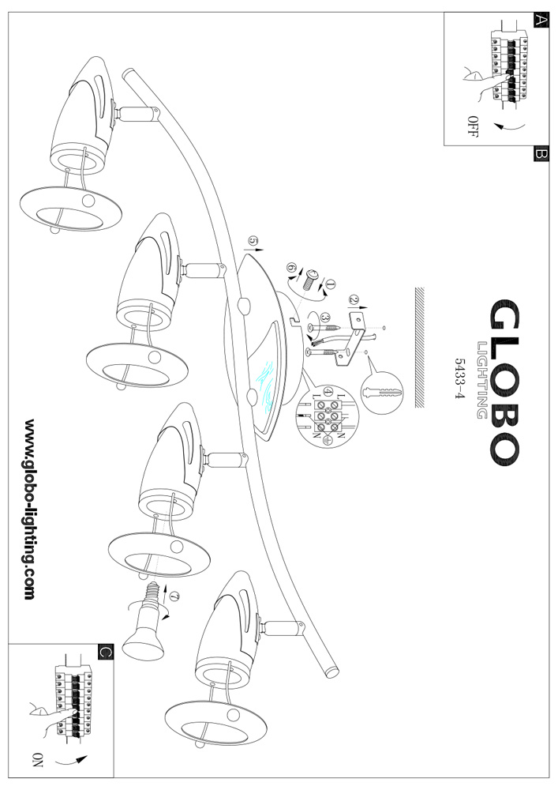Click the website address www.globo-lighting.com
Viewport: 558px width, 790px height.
coord(29,510)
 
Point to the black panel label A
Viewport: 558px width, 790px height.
coord(541,21)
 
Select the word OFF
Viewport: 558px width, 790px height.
coord(473,126)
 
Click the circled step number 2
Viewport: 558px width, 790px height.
coord(354,300)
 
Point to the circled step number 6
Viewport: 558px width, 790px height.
coord(290,269)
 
